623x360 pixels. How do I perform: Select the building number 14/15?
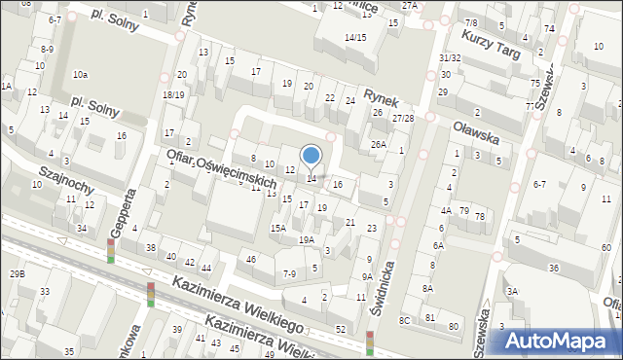coord(354,37)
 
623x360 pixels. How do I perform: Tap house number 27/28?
coord(402,118)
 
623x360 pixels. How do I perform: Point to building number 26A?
coord(378,145)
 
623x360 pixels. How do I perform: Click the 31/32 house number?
coord(450,58)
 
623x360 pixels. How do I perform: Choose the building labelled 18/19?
coord(173,94)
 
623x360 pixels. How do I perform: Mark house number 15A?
coord(277,228)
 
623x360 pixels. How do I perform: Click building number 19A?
coord(306,239)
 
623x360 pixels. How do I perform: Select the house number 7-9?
coord(289,274)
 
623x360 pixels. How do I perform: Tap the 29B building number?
coord(17,274)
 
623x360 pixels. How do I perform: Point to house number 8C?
coord(405,319)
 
